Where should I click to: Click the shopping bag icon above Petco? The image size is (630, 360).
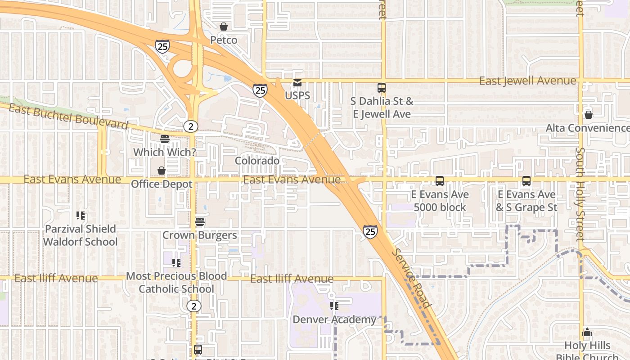coord(224,27)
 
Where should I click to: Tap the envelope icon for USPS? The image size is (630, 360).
coord(297,83)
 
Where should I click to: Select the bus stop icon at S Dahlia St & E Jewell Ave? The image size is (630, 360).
coord(382,88)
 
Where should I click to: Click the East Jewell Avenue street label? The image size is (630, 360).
coord(527,81)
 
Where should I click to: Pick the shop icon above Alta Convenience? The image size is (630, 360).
coord(588,115)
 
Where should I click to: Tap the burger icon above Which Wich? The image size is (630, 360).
coord(165,139)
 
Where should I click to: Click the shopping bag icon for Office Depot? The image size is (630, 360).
coord(162,171)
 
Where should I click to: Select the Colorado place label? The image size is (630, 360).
coord(257,161)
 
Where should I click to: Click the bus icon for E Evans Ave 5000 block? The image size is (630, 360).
coord(440,181)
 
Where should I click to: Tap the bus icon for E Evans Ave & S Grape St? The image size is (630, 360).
coord(526,181)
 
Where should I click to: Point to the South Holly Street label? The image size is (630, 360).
coord(580,193)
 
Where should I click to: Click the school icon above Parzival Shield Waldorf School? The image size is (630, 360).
coord(81,216)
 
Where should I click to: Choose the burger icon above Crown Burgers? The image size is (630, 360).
coord(200,222)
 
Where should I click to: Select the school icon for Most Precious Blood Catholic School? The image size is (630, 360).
coord(176,262)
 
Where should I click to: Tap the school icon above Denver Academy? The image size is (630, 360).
coord(334,306)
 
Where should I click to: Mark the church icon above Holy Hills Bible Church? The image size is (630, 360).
coord(587,333)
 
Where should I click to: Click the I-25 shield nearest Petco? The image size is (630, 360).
coord(162,46)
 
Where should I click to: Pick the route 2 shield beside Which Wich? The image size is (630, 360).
coord(191,126)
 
